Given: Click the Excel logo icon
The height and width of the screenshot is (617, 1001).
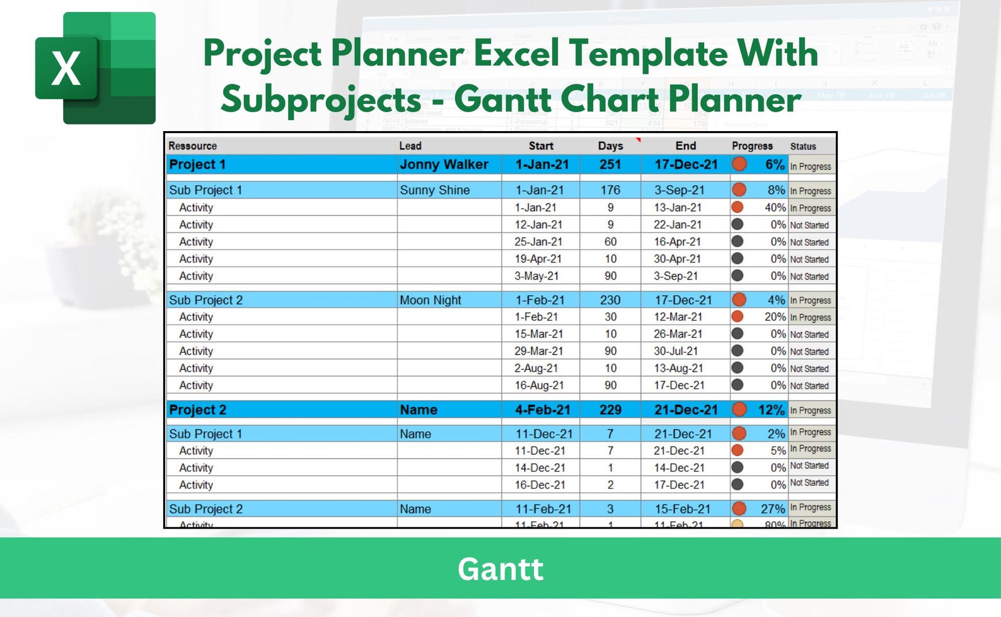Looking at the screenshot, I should (x=95, y=68).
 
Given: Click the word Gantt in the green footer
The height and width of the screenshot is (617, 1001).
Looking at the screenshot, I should (x=500, y=569).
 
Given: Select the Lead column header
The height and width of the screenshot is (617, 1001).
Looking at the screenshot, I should (x=410, y=146).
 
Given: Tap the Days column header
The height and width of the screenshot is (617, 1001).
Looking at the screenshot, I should (x=610, y=146).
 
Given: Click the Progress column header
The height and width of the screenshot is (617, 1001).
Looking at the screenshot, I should (x=752, y=146).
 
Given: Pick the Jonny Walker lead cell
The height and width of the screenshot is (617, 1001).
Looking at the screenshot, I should (x=444, y=164).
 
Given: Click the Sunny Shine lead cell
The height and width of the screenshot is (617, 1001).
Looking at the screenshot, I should (x=434, y=190).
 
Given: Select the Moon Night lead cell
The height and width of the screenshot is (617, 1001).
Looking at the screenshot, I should (x=430, y=300).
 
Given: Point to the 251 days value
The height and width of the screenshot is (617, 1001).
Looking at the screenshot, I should (x=610, y=164).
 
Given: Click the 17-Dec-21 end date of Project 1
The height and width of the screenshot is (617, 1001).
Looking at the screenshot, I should (x=686, y=164).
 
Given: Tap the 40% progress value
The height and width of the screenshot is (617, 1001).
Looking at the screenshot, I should (x=775, y=207).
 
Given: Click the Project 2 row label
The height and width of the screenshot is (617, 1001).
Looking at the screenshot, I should (x=197, y=410).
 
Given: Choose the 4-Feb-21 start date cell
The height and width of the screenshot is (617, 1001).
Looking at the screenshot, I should (x=542, y=410).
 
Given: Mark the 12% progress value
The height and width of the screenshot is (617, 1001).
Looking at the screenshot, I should (x=771, y=410).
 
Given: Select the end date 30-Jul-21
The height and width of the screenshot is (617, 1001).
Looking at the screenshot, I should (x=676, y=351).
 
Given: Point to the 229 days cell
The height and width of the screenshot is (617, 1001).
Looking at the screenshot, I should (x=610, y=410).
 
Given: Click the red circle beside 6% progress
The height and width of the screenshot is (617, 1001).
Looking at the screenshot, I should (x=739, y=164).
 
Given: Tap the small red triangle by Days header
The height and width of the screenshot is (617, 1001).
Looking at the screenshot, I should (x=638, y=140).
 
